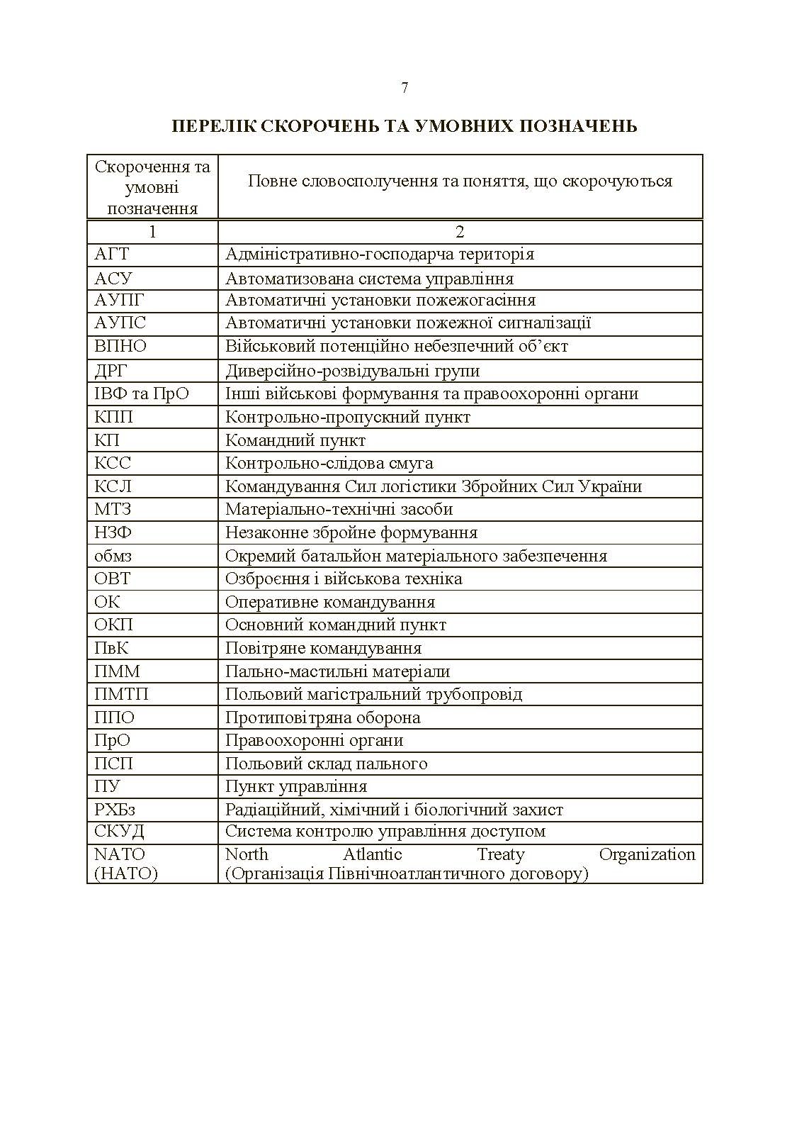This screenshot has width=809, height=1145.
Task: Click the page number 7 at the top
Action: point(404,88)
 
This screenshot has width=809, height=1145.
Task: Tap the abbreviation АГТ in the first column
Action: point(112,254)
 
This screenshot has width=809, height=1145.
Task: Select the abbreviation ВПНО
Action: point(120,347)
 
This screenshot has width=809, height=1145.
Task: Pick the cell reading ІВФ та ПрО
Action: point(142,393)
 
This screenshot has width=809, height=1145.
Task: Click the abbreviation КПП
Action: point(113,417)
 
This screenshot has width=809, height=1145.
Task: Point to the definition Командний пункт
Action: point(295,440)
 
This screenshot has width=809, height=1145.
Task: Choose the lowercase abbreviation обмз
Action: point(113,556)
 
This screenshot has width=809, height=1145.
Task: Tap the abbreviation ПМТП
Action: point(121,694)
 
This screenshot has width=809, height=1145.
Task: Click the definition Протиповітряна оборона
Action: point(322,717)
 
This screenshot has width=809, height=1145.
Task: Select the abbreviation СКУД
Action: point(119,832)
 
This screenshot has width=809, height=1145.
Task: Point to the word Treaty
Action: point(500,854)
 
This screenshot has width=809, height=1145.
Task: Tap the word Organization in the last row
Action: point(647,854)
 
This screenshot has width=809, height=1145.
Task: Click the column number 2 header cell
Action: point(460,232)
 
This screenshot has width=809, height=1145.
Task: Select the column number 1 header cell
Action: point(152,232)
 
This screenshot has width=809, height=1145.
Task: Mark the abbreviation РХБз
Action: point(115,810)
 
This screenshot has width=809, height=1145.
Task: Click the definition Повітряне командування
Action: point(323,648)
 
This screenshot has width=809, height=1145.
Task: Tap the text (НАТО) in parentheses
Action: point(126,873)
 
